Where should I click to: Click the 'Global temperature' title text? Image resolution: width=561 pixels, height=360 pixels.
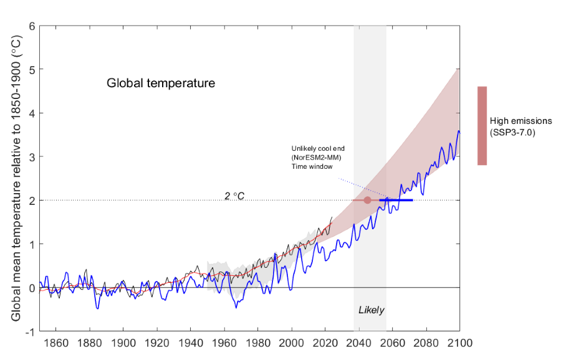(x=161, y=83)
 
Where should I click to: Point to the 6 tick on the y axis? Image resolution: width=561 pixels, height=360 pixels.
(x=30, y=26)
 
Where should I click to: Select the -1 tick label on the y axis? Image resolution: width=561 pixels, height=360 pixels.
(x=29, y=331)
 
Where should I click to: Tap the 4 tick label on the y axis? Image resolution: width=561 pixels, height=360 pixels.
(x=30, y=113)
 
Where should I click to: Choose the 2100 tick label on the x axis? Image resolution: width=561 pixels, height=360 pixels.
(x=459, y=343)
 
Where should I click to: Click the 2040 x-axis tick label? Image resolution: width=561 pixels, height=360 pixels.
(x=358, y=343)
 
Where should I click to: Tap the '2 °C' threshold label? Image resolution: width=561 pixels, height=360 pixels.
(x=234, y=196)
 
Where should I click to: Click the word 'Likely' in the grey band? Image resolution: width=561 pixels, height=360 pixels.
(x=371, y=310)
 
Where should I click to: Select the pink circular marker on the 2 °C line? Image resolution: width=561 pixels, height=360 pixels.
(x=367, y=200)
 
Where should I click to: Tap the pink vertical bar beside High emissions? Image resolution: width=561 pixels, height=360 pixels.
(x=482, y=125)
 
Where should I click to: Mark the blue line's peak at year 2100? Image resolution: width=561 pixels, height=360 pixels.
(x=459, y=131)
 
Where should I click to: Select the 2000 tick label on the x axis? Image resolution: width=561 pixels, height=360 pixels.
(x=291, y=343)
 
